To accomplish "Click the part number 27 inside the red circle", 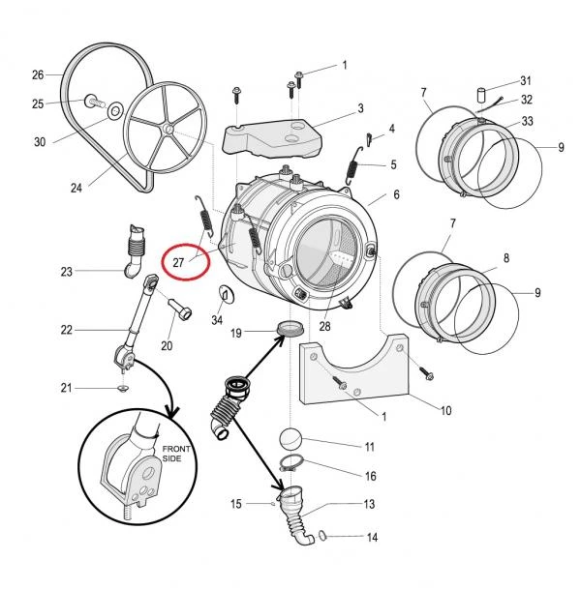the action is (x=178, y=262).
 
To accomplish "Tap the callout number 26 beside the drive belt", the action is (x=38, y=75).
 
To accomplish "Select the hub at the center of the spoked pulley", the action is (x=168, y=130).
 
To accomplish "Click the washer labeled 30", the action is (x=115, y=111).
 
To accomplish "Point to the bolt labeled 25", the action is (x=93, y=101).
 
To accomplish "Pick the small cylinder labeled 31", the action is (x=481, y=94).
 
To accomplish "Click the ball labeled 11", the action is (x=290, y=438).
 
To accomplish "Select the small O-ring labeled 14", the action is (x=322, y=535).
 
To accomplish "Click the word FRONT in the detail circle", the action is (x=176, y=449).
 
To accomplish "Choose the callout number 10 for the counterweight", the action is (x=446, y=411).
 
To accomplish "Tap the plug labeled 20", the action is (x=180, y=309).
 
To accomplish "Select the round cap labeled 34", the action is (x=226, y=294).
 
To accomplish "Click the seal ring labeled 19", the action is (x=290, y=329).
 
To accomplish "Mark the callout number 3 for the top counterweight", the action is (x=360, y=108).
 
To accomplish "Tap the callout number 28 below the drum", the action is (x=324, y=327).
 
